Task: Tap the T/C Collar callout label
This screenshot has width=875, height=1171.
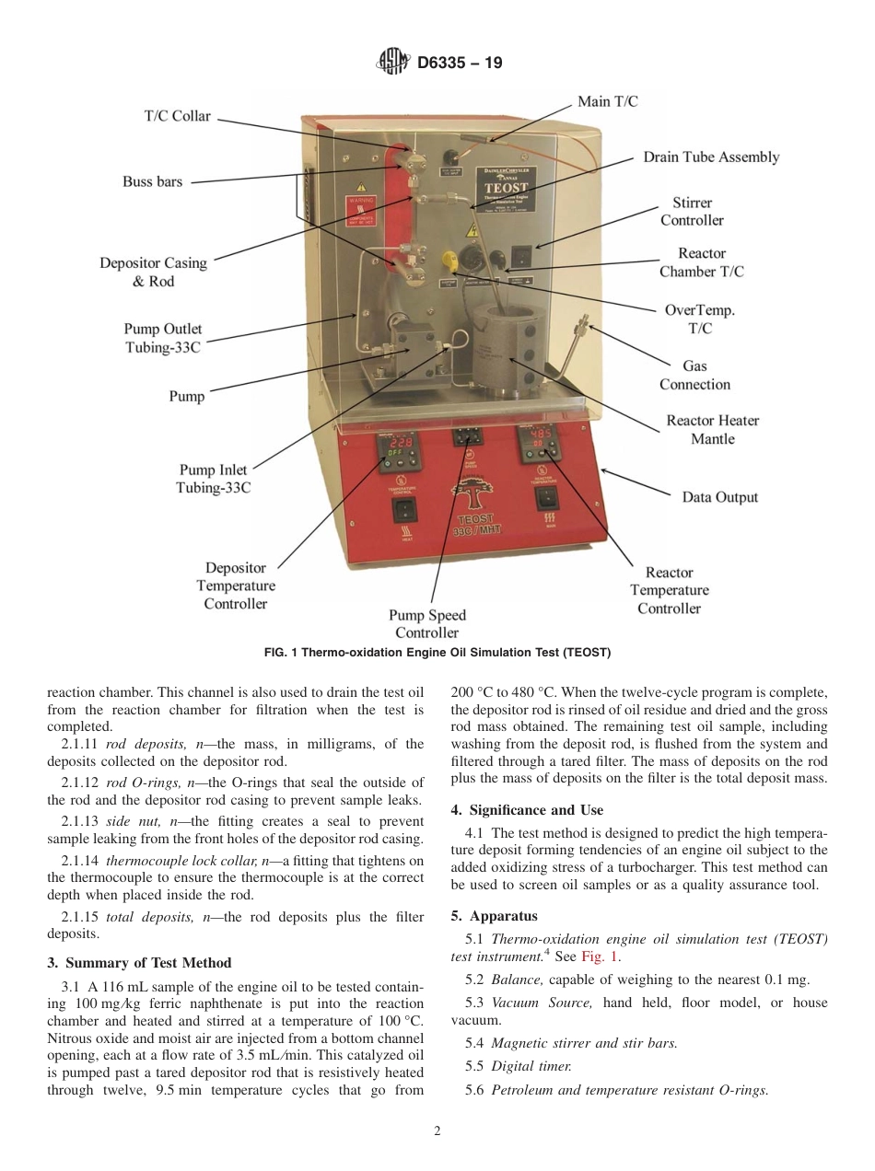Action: pos(177,116)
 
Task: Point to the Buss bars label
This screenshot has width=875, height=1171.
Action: pos(152,181)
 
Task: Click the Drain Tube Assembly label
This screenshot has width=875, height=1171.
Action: pos(710,157)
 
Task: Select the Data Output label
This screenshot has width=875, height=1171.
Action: pos(719,497)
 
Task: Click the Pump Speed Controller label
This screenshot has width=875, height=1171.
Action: pos(426,623)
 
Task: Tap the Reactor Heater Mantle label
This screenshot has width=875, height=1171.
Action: pos(712,430)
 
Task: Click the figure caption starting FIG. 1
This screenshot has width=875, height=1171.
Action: pos(437,653)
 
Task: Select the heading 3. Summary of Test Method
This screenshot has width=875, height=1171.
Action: pos(139,963)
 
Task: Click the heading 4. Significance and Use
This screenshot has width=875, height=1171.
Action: pos(527,810)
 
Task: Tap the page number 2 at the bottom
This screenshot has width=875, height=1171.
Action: pos(437,1131)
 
